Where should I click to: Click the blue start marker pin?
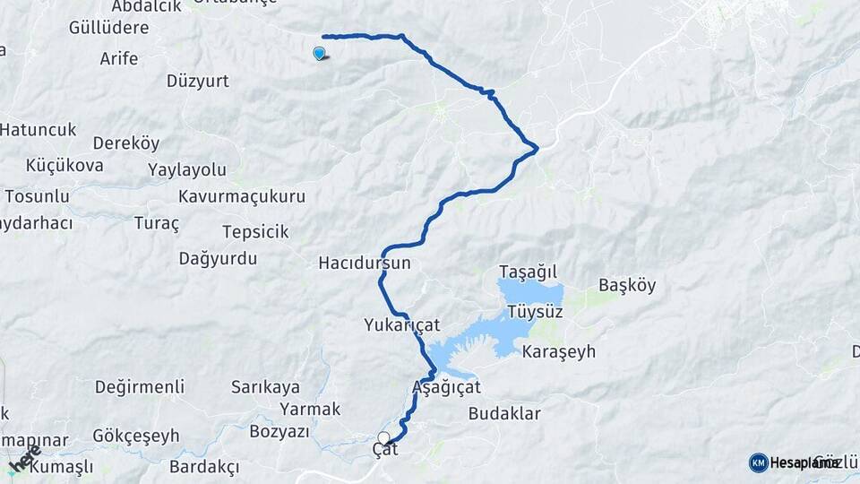[320, 53]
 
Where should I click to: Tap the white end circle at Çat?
[383, 438]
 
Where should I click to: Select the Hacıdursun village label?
[364, 264]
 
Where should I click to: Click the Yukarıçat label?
[401, 324]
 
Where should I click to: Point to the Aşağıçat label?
[446, 387]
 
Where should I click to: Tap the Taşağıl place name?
[529, 271]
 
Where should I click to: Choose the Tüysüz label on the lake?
[535, 312]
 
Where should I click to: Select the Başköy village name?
[627, 286]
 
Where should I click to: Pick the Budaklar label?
[504, 413]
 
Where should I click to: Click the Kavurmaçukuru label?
[242, 195]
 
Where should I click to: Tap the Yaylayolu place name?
[187, 169]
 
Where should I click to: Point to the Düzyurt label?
[198, 81]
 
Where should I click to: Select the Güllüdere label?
[108, 27]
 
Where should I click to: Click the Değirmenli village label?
[140, 387]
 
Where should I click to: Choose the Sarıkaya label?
[265, 387]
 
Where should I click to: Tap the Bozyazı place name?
[279, 431]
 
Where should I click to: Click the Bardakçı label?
[204, 467]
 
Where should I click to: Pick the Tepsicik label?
[255, 232]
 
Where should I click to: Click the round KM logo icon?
[758, 462]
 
